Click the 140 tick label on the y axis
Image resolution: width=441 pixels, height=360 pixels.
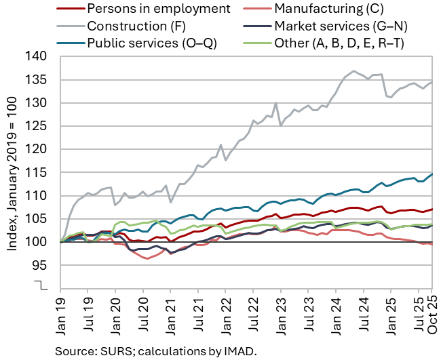(39, 57)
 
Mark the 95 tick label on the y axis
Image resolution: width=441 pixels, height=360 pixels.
(41, 265)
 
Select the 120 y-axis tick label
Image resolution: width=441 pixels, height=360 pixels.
(39, 149)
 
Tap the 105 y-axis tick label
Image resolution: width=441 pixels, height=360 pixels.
(39, 219)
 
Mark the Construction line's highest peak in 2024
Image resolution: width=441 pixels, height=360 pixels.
(354, 71)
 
